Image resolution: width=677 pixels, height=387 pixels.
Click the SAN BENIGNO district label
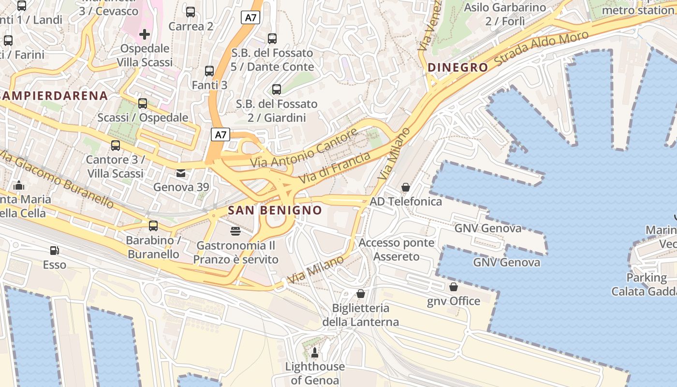click(275, 210)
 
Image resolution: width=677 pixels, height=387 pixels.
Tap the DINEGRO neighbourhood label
click(457, 68)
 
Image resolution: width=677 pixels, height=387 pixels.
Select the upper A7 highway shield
click(250, 18)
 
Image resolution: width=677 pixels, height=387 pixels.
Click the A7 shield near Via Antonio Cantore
click(220, 134)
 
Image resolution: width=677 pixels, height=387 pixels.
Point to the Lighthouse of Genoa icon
click(315, 353)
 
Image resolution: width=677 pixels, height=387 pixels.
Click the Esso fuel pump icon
click(55, 250)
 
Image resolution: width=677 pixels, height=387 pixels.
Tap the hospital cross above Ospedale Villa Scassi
click(144, 34)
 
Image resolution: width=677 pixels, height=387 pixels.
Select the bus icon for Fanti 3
click(209, 71)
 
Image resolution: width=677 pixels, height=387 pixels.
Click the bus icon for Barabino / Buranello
click(153, 225)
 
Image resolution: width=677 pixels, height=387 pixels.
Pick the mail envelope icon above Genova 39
click(180, 173)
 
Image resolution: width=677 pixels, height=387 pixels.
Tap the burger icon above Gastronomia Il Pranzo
click(235, 231)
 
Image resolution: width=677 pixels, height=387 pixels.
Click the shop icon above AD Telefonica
click(406, 187)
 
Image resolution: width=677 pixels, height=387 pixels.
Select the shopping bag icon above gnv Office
click(453, 287)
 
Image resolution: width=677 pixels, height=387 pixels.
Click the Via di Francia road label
click(334, 167)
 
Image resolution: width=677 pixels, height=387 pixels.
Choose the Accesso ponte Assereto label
click(397, 250)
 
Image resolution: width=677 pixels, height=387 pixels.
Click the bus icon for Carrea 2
click(191, 12)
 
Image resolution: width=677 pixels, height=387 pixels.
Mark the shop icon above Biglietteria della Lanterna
click(360, 294)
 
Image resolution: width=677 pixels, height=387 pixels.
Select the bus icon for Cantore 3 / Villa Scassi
click(115, 145)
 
